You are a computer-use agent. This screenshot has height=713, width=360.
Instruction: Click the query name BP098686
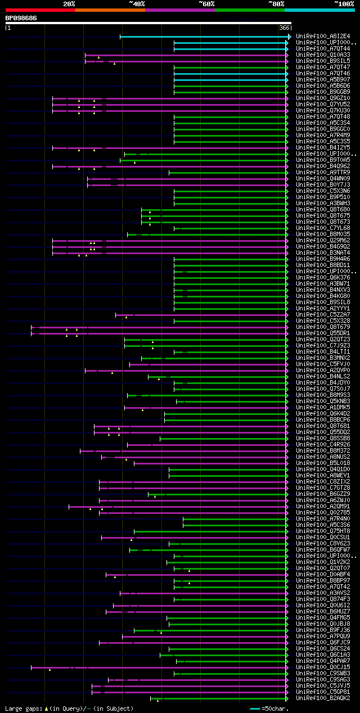[x=21, y=18]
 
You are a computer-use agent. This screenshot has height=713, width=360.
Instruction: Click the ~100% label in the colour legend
[x=344, y=3]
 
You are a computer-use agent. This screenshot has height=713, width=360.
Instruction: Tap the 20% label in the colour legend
[x=69, y=3]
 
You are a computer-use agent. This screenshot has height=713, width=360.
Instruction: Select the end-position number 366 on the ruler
[x=283, y=27]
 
